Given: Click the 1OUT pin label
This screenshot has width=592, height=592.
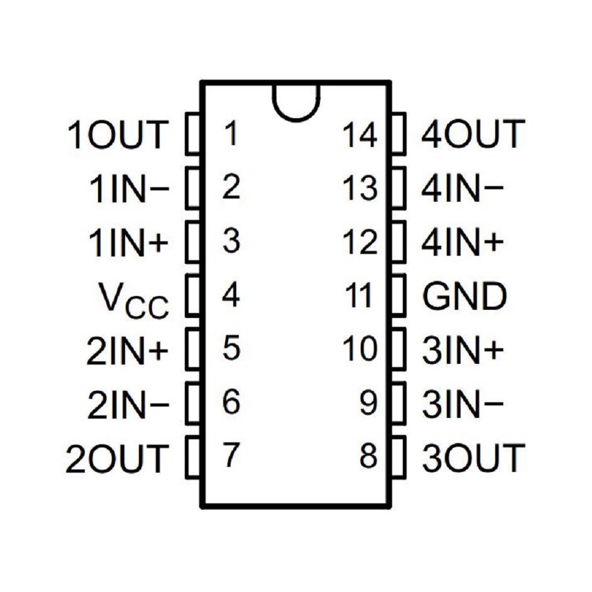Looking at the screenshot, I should coord(118,134).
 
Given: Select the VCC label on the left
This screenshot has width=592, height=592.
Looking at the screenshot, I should coord(134,298).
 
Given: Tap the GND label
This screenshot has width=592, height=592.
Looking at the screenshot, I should coord(464,297).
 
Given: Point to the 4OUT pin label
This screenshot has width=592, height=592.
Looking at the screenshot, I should coord(473,134).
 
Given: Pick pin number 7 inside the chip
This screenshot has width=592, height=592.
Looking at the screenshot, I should coord(231,456).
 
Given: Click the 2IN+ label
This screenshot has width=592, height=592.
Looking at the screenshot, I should coord(128,351).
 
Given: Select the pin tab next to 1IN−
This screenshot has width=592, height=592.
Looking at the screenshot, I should coord(193,187).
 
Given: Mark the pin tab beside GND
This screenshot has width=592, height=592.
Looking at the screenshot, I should coord(398,296).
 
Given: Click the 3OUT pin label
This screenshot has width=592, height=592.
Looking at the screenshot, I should coord(473,458).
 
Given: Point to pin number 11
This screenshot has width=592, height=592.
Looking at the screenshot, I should coord(361,296).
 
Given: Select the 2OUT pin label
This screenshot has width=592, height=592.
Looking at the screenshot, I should coord(118,458).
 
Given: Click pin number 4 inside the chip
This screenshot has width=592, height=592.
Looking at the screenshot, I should coord(231,296).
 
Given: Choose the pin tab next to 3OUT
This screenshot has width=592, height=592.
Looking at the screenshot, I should coord(398,458).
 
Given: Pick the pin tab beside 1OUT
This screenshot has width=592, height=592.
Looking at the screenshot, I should coord(193,134).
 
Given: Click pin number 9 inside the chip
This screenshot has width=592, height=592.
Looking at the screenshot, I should coord(368,403).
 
